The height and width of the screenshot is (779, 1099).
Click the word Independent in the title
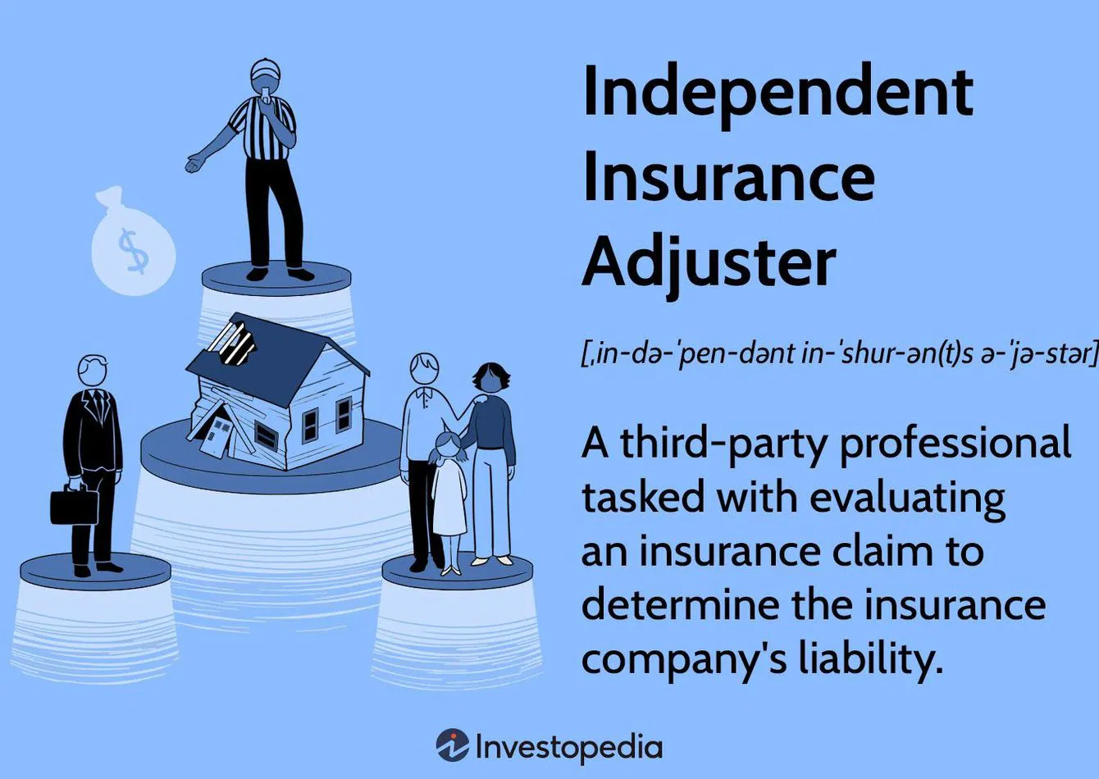click(x=778, y=93)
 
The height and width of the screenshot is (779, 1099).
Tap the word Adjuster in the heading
click(x=709, y=262)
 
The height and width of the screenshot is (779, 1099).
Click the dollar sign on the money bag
click(x=133, y=252)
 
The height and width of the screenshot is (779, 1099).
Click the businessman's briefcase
click(x=75, y=505)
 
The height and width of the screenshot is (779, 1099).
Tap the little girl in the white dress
click(x=449, y=500)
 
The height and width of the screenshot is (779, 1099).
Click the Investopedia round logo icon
click(x=452, y=745)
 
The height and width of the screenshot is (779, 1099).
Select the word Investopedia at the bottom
click(x=568, y=746)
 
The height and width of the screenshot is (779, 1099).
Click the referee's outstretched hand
click(x=194, y=162)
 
